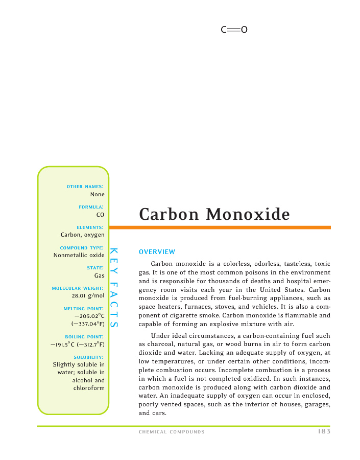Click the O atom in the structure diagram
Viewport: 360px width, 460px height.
click(x=244, y=30)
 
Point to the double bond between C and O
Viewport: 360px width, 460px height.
click(x=234, y=30)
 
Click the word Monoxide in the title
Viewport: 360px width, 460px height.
click(x=249, y=214)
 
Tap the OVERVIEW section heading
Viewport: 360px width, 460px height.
click(x=157, y=251)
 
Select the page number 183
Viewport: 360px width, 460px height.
click(x=323, y=431)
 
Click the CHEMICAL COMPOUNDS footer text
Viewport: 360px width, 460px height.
click(x=172, y=432)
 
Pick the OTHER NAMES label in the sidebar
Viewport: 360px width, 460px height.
click(x=85, y=187)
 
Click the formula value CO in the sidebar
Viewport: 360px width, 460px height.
click(x=100, y=215)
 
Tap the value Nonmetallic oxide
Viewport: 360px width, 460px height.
click(x=79, y=255)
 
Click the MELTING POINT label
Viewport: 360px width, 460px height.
click(x=84, y=309)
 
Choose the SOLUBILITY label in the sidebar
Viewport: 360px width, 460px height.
click(x=89, y=357)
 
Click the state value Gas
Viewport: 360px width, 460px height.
click(x=99, y=275)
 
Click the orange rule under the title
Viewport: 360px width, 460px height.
click(x=220, y=227)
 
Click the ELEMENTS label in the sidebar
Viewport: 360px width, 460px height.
click(x=90, y=227)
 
